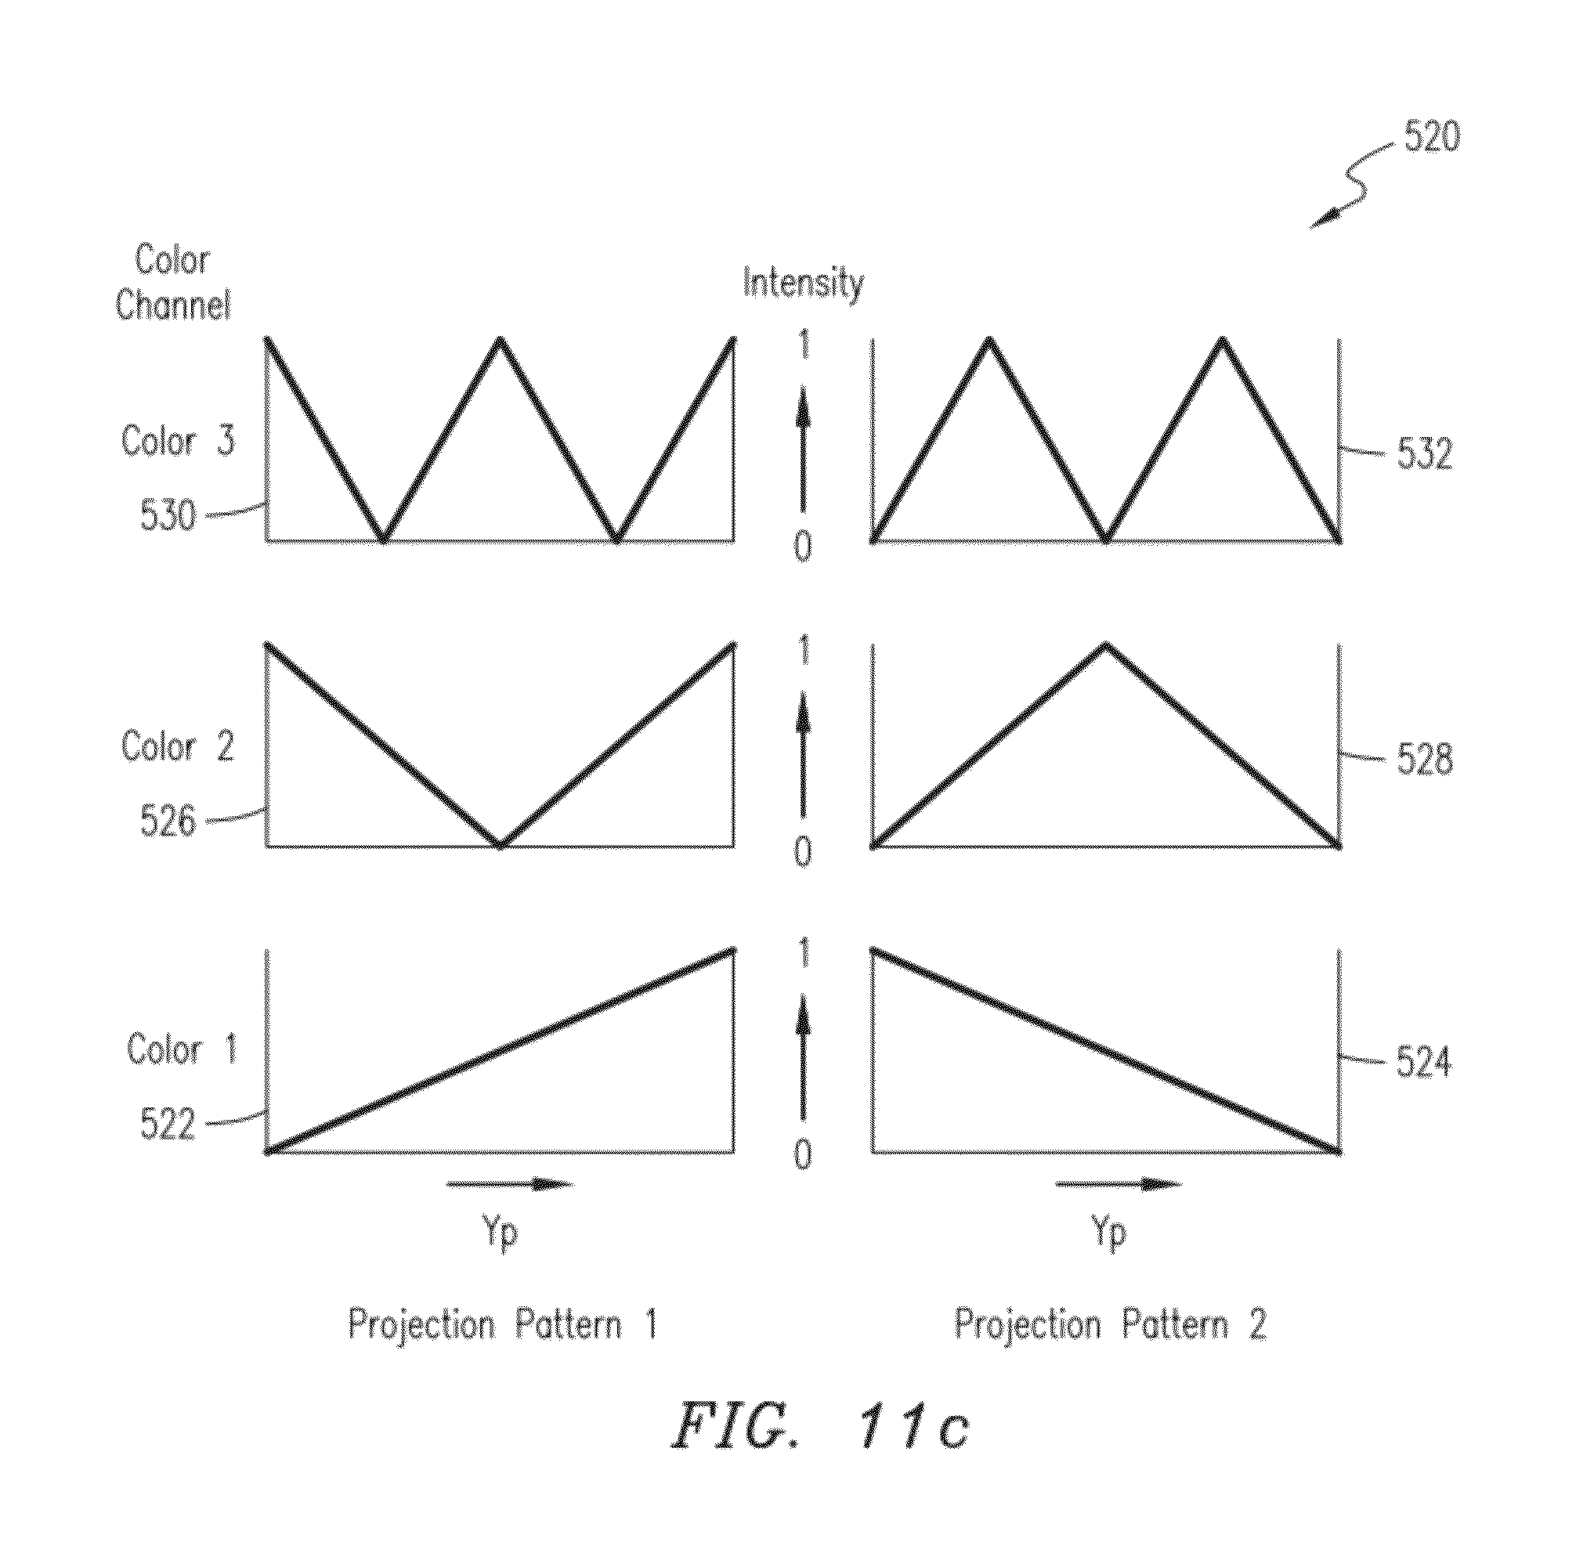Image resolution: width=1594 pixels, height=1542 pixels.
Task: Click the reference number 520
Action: click(1432, 136)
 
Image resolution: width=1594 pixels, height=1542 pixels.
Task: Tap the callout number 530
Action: click(168, 515)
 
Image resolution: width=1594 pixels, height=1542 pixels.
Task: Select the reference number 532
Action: click(1425, 453)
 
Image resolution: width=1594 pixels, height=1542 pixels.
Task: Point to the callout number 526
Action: click(168, 820)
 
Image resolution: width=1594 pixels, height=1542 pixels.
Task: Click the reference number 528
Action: click(1425, 759)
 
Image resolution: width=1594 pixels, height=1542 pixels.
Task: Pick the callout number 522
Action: click(168, 1124)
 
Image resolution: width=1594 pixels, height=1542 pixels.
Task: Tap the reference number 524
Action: click(1424, 1062)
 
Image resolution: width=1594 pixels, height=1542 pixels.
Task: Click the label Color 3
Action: click(178, 441)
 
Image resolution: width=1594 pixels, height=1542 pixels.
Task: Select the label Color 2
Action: click(178, 746)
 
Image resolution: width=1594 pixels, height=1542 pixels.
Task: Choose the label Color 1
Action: click(182, 1049)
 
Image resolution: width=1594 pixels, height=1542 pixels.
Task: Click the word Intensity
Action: click(804, 284)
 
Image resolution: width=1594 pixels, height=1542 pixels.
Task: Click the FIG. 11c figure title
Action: click(820, 1449)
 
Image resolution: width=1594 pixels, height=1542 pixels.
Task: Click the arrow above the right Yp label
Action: click(1119, 1184)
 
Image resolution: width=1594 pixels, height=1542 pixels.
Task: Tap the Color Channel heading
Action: click(172, 282)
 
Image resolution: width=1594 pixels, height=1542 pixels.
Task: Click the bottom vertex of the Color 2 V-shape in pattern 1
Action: click(501, 846)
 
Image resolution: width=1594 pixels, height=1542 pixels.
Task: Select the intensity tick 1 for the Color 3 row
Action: click(804, 345)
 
